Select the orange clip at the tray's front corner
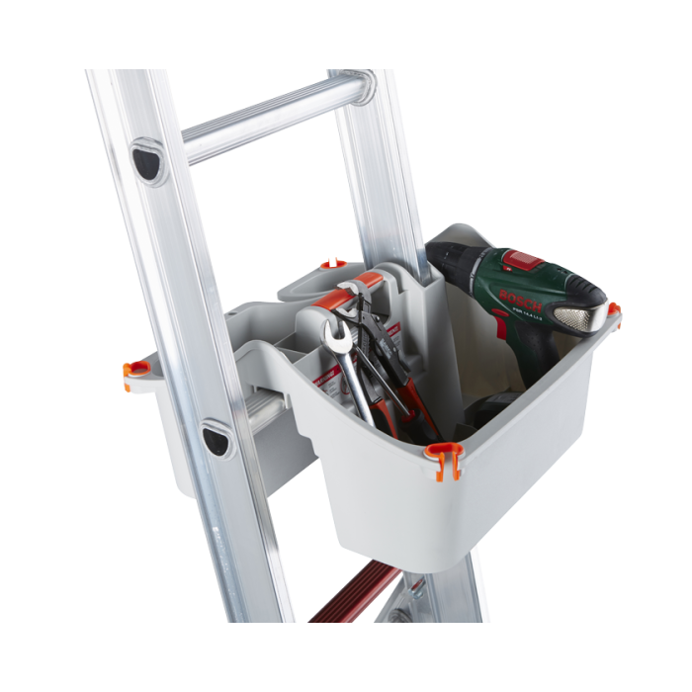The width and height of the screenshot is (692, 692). pyautogui.click(x=443, y=459)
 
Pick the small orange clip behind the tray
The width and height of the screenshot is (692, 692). pyautogui.click(x=331, y=264)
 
